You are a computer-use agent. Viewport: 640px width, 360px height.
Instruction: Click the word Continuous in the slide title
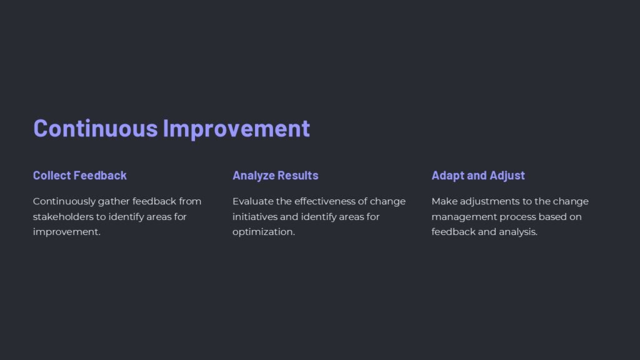point(96,128)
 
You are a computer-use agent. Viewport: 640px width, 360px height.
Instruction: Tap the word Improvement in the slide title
point(236,128)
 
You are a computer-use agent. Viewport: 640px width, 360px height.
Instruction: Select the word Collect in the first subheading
point(52,176)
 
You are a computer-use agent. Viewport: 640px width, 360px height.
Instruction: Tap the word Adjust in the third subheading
point(507,176)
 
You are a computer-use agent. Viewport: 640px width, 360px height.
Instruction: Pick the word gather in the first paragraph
point(113,202)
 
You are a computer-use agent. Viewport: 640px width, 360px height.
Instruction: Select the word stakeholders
point(63,217)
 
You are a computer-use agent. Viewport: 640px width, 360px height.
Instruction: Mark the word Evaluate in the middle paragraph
point(253,201)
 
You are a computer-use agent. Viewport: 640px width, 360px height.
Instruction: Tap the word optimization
point(262,232)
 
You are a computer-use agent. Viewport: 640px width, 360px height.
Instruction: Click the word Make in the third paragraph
point(443,201)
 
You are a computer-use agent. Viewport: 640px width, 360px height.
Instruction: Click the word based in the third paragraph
point(554,217)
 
